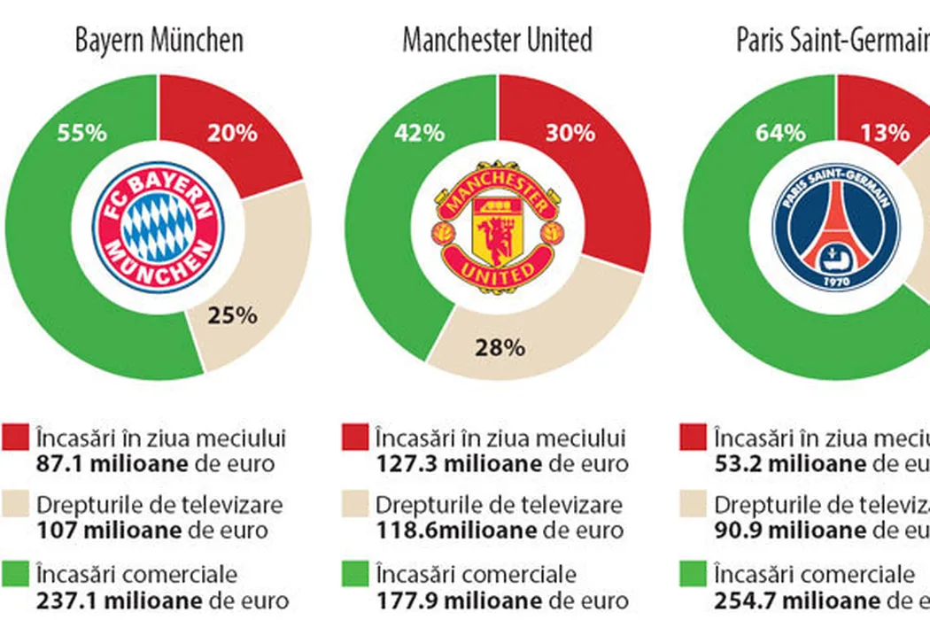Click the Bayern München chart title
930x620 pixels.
159,40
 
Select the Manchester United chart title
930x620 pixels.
497,40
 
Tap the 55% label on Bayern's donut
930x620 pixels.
82,133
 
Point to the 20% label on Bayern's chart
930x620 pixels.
232,133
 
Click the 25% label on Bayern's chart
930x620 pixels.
232,315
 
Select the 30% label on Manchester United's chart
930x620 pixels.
570,133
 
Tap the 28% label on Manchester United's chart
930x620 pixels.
500,347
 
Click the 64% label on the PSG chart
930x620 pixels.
780,133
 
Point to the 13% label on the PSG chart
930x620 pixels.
885,133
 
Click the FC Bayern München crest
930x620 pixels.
159,227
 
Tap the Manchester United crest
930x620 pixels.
497,227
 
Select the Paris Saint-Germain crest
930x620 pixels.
835,227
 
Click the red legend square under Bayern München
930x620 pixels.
16,438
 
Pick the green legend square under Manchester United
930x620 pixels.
354,574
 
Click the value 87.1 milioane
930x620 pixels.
112,463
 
